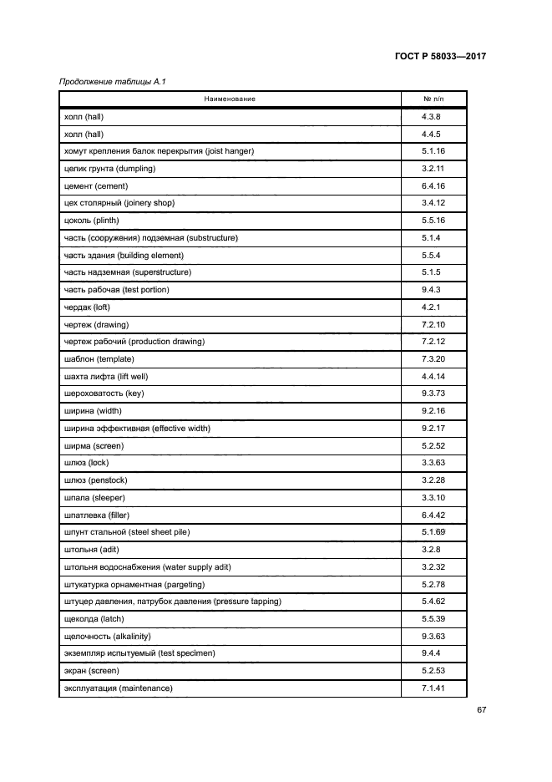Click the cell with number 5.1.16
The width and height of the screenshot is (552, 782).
pos(433,151)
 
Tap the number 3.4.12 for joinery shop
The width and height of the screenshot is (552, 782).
pos(433,203)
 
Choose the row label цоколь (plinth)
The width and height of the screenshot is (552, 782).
pos(91,221)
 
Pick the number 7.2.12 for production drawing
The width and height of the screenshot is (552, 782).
pos(433,341)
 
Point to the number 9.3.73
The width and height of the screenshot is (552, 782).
pos(433,394)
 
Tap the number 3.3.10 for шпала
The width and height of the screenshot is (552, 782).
pos(433,497)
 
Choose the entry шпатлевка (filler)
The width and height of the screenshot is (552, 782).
pos(94,515)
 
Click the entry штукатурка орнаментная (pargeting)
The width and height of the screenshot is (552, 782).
pos(134,584)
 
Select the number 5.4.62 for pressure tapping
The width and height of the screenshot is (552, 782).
pos(433,601)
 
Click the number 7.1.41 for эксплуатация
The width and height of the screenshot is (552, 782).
pos(433,688)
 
